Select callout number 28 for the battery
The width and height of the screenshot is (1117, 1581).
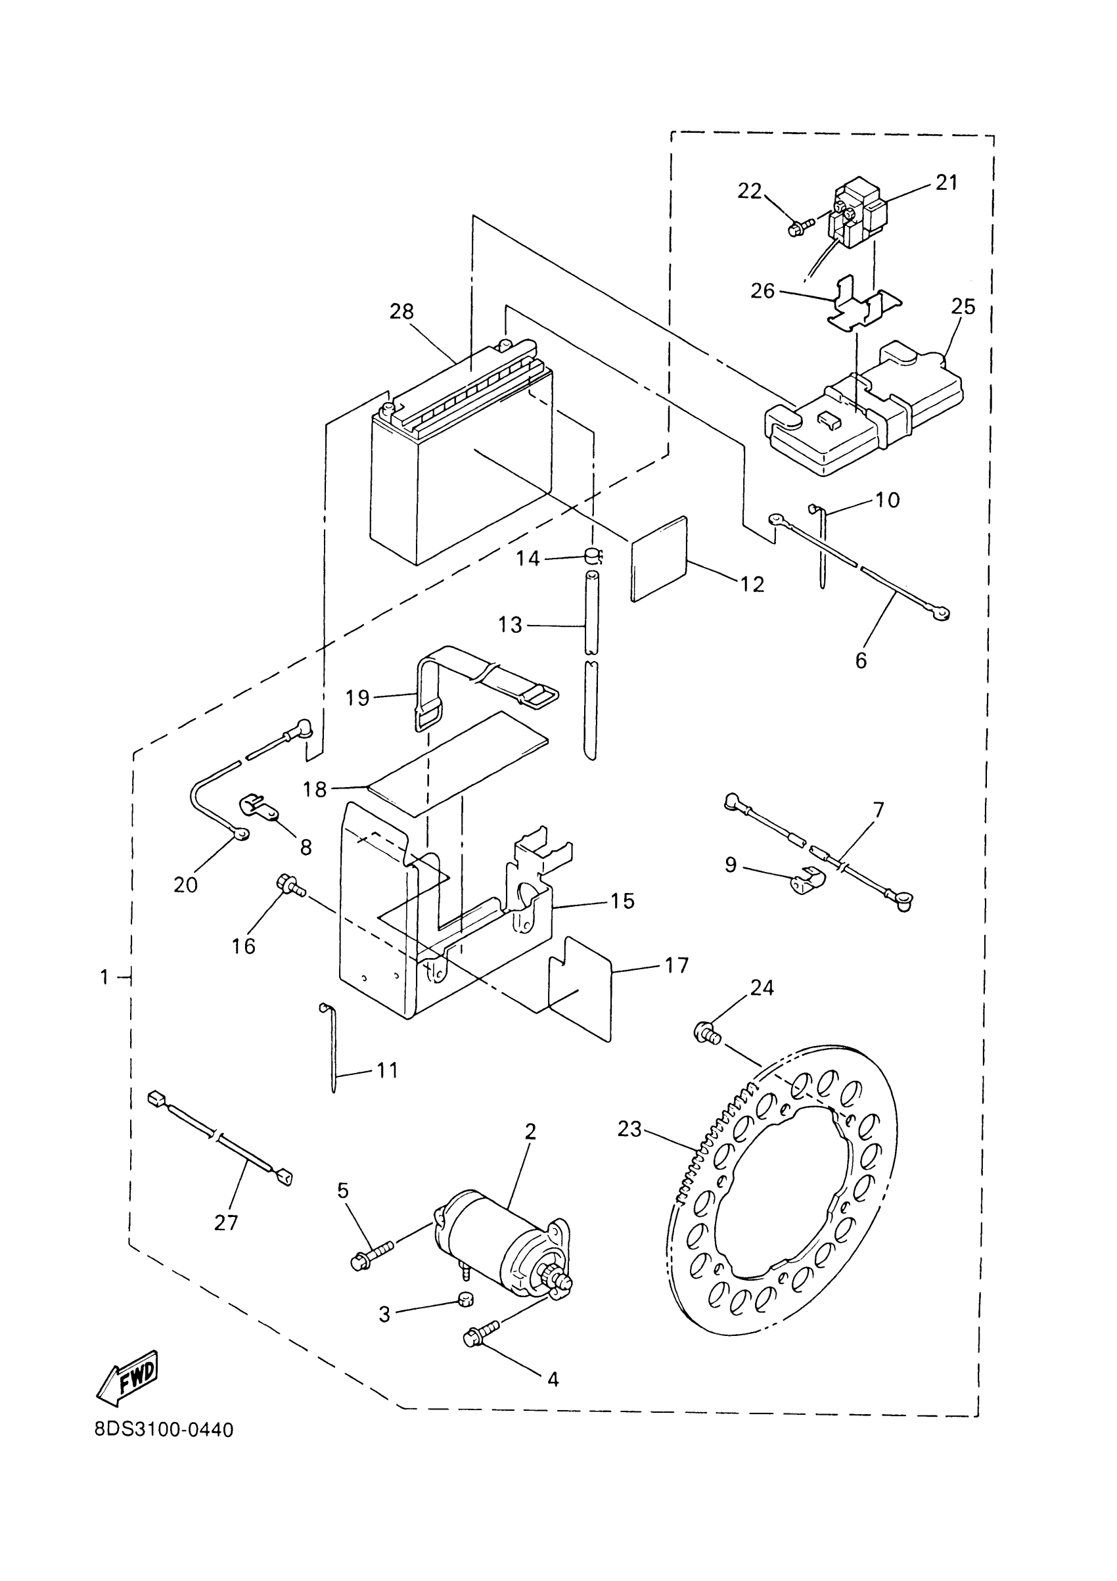click(401, 311)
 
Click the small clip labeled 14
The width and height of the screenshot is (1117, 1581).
click(593, 555)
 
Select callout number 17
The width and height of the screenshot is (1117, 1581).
click(676, 965)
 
